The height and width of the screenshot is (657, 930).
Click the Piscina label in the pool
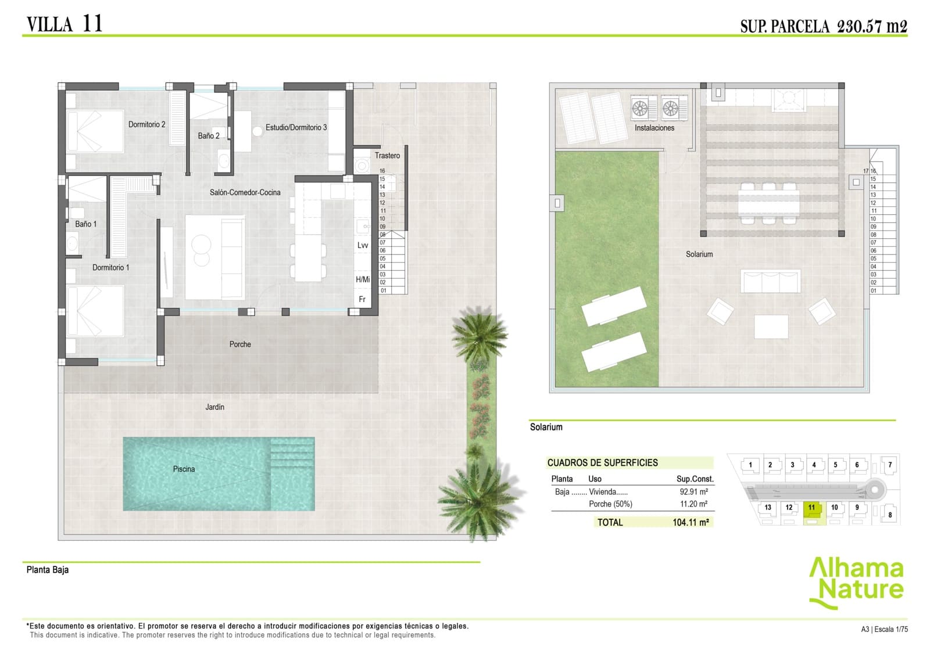(x=184, y=469)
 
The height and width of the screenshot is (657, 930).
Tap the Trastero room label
(x=387, y=156)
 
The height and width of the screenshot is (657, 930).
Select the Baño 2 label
(x=209, y=136)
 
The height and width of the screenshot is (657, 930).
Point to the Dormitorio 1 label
(x=110, y=267)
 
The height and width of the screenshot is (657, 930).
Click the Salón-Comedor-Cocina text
(x=245, y=192)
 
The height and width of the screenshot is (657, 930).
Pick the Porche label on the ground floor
(x=240, y=344)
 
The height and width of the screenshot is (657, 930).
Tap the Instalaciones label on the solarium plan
(x=654, y=128)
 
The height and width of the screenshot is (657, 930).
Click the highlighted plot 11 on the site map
(x=812, y=508)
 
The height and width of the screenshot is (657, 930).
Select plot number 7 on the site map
(x=889, y=465)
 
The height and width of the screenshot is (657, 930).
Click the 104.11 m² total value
(x=691, y=522)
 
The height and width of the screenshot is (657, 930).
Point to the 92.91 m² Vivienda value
(x=693, y=491)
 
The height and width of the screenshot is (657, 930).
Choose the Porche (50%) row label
(x=610, y=504)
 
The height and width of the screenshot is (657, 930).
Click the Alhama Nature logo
(x=856, y=581)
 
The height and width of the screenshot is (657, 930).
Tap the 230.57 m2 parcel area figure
(x=872, y=26)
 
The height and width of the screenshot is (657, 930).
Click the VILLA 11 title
(x=65, y=24)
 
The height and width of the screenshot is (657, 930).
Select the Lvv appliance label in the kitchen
(x=363, y=245)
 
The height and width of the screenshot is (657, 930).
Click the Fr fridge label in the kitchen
(x=362, y=299)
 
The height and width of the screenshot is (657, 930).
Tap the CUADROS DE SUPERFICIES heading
(x=602, y=463)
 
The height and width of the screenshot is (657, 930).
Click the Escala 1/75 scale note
(x=891, y=629)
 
